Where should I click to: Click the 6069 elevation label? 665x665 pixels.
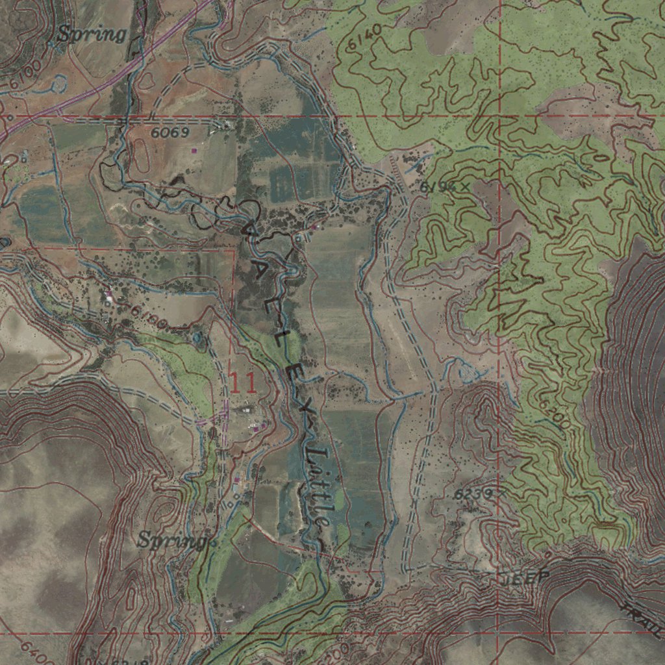(170, 132)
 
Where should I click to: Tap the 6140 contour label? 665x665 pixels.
(365, 39)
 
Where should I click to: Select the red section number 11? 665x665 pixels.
(243, 383)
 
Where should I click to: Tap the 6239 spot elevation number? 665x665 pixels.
(471, 494)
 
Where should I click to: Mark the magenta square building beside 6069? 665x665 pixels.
(194, 151)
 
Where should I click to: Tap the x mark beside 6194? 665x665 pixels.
(464, 187)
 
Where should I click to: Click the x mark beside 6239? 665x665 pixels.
(500, 494)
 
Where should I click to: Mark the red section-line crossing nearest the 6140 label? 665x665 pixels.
(499, 116)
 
